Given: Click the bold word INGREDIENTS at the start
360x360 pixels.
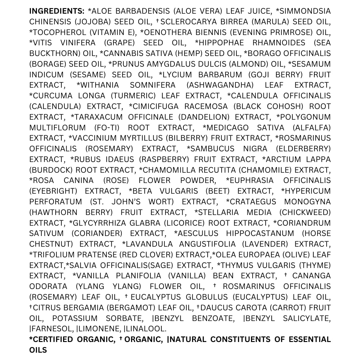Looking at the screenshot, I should coord(56,11).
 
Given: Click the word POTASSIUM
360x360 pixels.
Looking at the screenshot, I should coord(75,318).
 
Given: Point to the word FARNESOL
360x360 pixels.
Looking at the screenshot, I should coord(51,329).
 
